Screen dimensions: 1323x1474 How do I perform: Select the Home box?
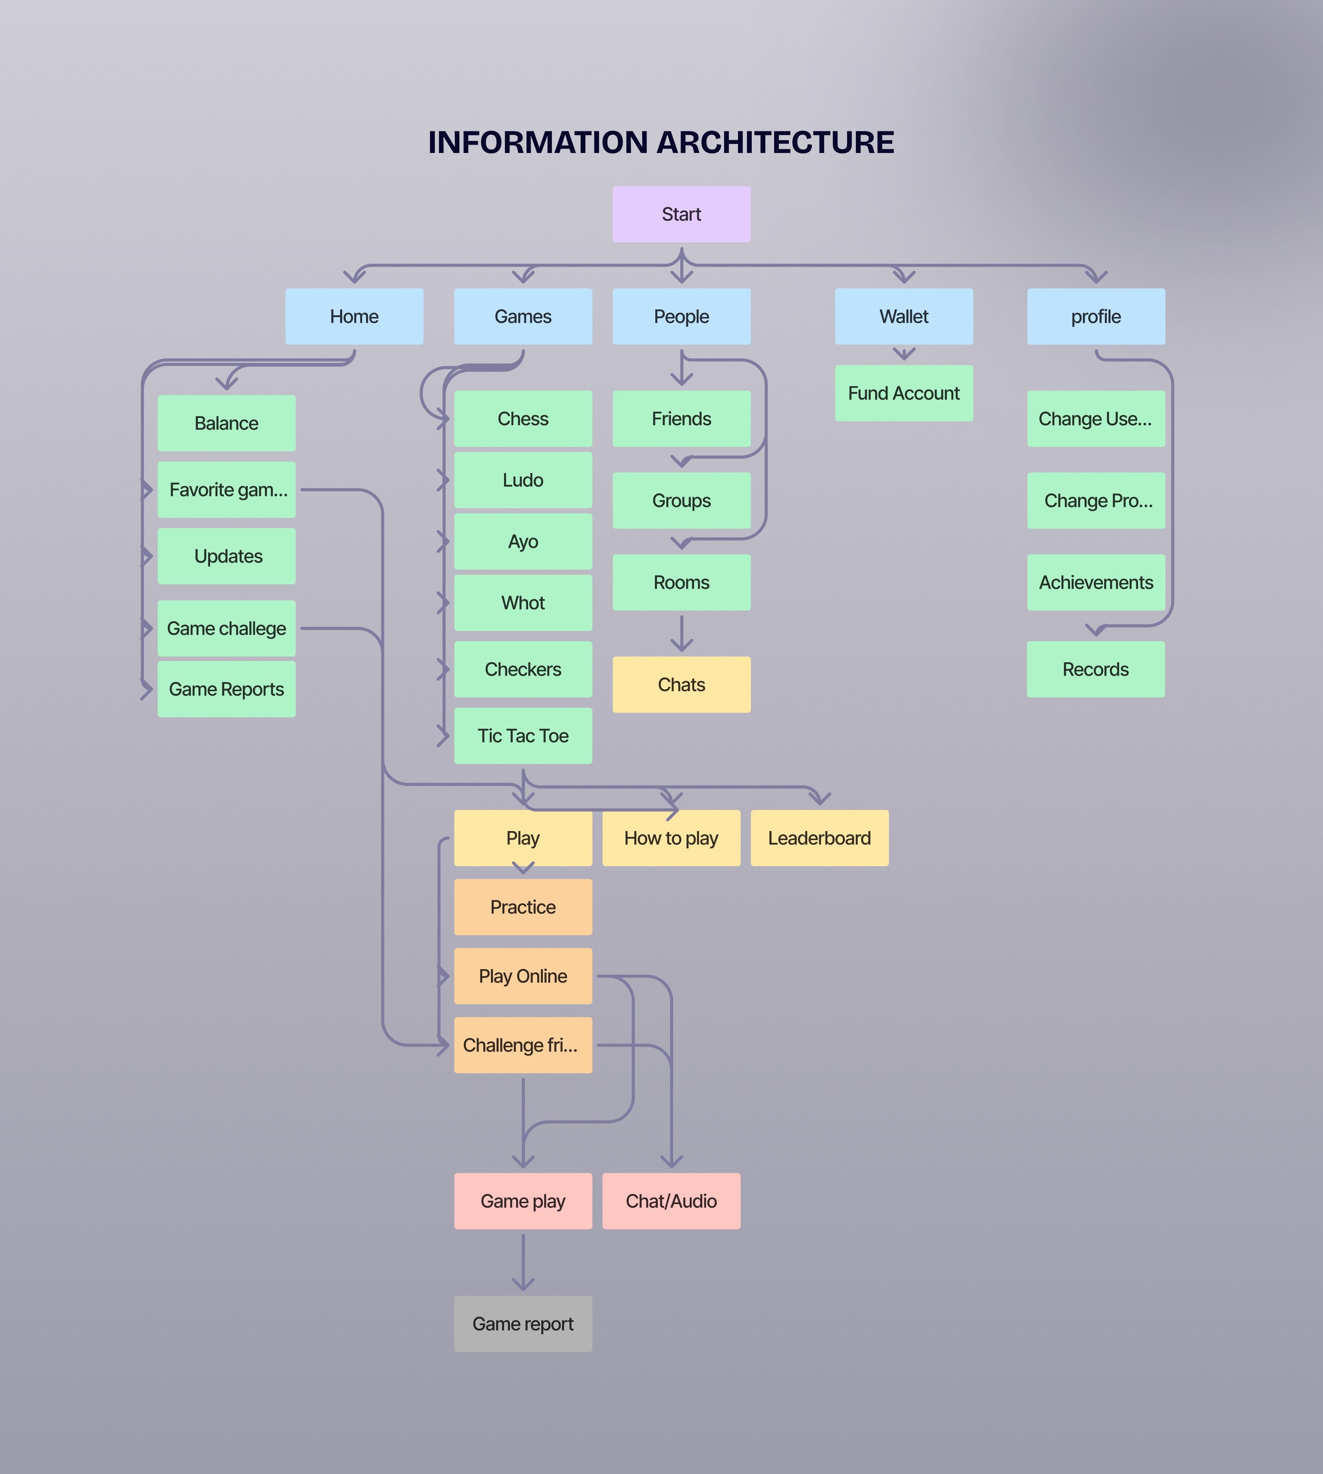point(354,316)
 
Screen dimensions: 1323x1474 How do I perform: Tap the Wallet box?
point(904,316)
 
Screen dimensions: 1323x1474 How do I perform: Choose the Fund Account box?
point(904,393)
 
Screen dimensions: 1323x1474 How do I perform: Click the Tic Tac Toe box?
point(523,736)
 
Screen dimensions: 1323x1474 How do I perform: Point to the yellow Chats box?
point(681,685)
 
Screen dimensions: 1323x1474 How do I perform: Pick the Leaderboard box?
point(819,838)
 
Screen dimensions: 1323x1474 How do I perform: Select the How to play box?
point(671,838)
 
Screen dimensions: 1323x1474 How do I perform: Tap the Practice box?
point(523,907)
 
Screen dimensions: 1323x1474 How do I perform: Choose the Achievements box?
point(1096,582)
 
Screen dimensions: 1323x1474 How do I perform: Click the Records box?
point(1096,669)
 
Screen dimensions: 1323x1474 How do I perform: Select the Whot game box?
point(523,603)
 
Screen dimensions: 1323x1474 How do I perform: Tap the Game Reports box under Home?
point(226,689)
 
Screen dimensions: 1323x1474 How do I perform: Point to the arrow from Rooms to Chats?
point(681,632)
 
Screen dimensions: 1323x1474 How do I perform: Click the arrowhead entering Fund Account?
point(904,355)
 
